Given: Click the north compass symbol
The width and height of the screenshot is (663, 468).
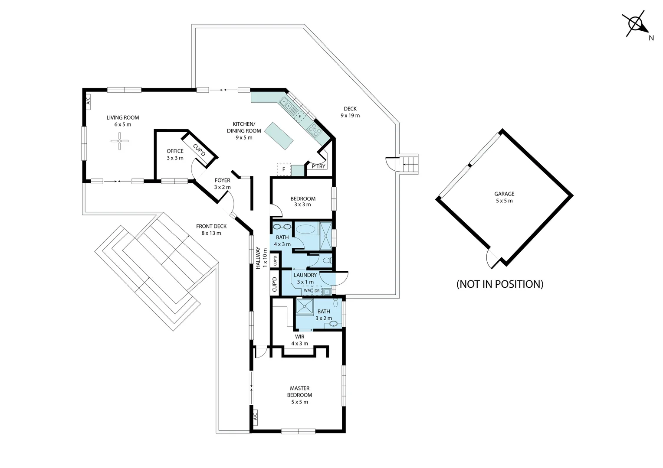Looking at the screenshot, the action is pyautogui.click(x=635, y=24).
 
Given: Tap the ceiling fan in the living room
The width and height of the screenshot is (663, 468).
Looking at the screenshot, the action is pyautogui.click(x=120, y=141).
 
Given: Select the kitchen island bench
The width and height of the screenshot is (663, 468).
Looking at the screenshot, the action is pyautogui.click(x=279, y=136).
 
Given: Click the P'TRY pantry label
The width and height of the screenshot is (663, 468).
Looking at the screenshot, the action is pyautogui.click(x=318, y=166).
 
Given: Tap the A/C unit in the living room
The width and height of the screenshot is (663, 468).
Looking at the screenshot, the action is pyautogui.click(x=88, y=102).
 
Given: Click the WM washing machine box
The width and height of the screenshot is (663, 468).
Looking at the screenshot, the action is pyautogui.click(x=307, y=291).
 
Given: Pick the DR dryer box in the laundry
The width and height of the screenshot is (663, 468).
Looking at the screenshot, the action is pyautogui.click(x=317, y=291).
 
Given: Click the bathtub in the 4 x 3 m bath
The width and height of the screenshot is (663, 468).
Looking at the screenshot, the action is pyautogui.click(x=306, y=229).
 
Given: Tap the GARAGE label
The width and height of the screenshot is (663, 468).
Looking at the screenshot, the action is pyautogui.click(x=504, y=194).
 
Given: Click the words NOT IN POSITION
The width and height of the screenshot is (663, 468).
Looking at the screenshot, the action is pyautogui.click(x=500, y=284).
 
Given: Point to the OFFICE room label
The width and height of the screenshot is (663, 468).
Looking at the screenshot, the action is pyautogui.click(x=175, y=151).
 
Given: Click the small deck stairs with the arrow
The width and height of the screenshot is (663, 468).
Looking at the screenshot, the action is pyautogui.click(x=409, y=164).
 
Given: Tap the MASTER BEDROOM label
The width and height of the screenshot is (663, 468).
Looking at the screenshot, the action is pyautogui.click(x=299, y=391).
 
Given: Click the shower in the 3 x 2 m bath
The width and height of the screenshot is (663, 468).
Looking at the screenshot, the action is pyautogui.click(x=305, y=306).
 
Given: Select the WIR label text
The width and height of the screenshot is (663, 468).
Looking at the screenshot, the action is pyautogui.click(x=299, y=336).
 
